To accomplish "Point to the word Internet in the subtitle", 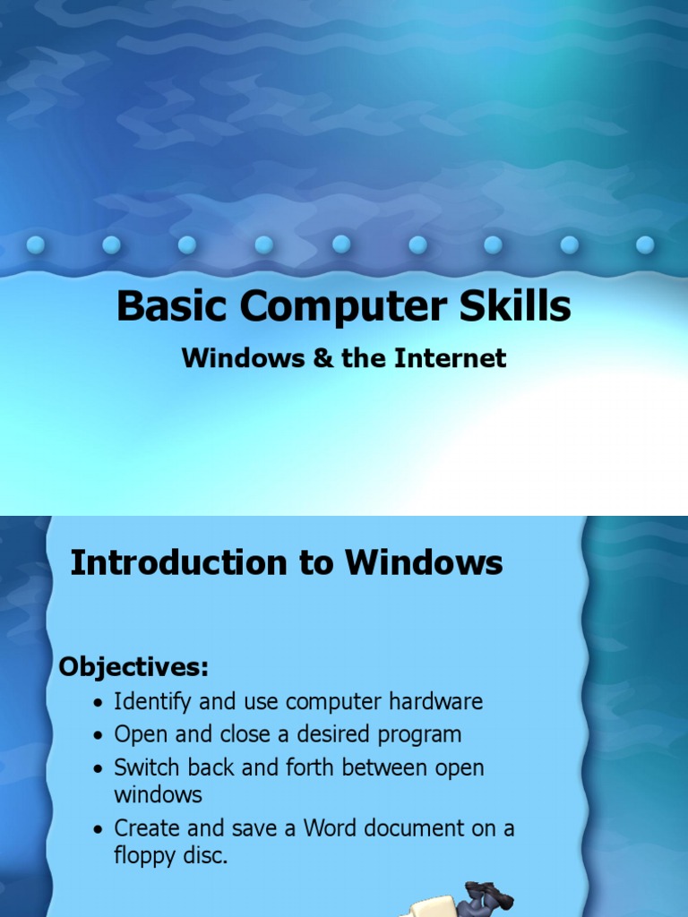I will [x=452, y=358].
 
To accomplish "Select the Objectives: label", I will [x=133, y=666].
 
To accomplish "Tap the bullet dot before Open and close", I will [x=99, y=736].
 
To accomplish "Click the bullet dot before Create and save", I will [x=99, y=829].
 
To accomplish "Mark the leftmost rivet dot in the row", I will [x=36, y=244].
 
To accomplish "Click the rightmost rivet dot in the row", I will [x=645, y=244].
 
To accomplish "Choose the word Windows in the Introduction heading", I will [x=425, y=563].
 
